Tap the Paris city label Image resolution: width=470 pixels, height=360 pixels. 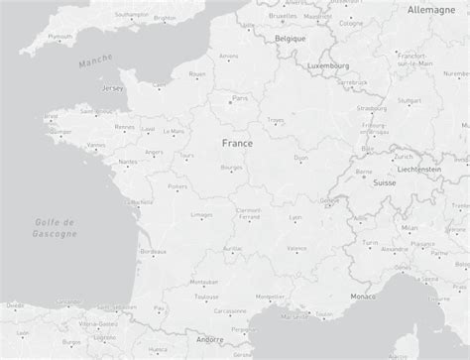(239, 97)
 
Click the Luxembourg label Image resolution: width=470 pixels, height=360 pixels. (329, 65)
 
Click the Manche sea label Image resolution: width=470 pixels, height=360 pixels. (96, 62)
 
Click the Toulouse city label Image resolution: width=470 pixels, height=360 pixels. (206, 296)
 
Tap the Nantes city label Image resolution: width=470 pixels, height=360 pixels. (127, 161)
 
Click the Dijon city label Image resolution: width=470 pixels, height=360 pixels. (301, 157)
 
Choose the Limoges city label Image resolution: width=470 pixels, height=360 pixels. (200, 214)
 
